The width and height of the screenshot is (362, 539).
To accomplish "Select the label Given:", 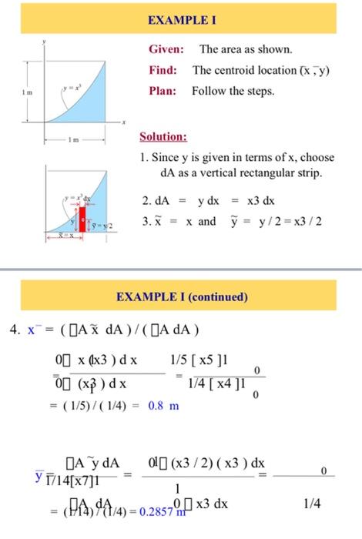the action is point(166,50).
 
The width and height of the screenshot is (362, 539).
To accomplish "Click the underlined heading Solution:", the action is point(163,138).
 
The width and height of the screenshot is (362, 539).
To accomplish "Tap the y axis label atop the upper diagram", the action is point(45,38).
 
